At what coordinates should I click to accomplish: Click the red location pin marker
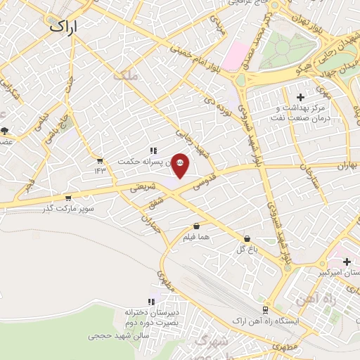click(181, 165)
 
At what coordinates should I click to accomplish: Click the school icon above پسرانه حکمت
click(153, 150)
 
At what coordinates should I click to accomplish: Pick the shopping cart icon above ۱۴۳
click(99, 161)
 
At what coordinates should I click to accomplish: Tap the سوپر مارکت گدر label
click(67, 208)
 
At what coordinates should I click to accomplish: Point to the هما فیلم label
click(196, 238)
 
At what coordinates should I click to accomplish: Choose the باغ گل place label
click(245, 248)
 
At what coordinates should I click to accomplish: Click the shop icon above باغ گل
click(246, 238)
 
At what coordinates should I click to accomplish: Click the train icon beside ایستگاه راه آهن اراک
click(264, 309)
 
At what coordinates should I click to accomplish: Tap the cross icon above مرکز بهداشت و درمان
click(301, 97)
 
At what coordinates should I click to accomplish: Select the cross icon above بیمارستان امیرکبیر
click(347, 262)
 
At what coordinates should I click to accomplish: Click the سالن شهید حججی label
click(116, 336)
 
